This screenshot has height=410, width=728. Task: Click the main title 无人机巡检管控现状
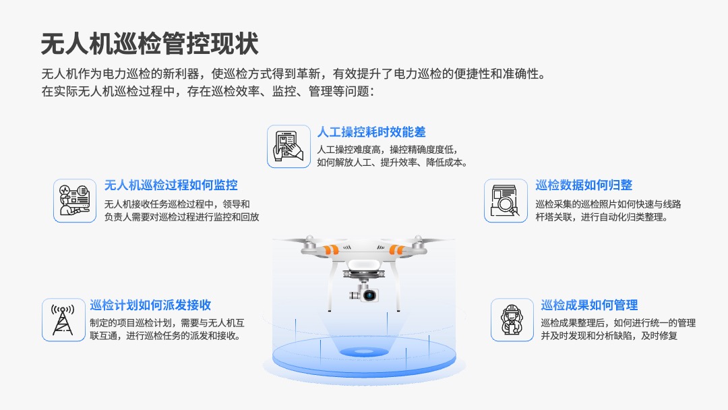pyautogui.click(x=150, y=44)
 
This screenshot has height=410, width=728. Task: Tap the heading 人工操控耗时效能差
pyautogui.click(x=371, y=132)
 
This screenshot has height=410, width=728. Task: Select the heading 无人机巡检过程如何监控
pyautogui.click(x=171, y=185)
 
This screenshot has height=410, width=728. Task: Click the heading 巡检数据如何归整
pyautogui.click(x=584, y=185)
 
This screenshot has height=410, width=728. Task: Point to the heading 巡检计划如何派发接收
pyautogui.click(x=150, y=305)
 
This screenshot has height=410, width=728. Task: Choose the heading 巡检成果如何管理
pyautogui.click(x=589, y=305)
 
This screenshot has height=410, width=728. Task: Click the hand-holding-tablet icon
pyautogui.click(x=289, y=146)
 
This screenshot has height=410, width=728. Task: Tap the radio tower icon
pyautogui.click(x=63, y=320)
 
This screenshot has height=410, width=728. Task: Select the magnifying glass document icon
pyautogui.click(x=506, y=200)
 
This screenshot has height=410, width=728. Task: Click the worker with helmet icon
pyautogui.click(x=512, y=320)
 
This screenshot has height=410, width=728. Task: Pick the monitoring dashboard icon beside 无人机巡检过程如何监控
pyautogui.click(x=75, y=200)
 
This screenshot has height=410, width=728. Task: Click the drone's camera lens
pyautogui.click(x=369, y=295)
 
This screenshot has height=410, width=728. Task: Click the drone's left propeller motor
pyautogui.click(x=309, y=244)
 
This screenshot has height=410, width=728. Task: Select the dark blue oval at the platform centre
pyautogui.click(x=364, y=351)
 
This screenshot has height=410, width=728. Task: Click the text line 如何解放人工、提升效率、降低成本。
pyautogui.click(x=392, y=163)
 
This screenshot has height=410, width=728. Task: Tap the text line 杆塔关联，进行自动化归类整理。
pyautogui.click(x=602, y=217)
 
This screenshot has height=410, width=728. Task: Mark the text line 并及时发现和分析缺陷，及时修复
pyautogui.click(x=609, y=336)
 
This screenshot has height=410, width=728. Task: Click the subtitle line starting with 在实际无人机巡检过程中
pyautogui.click(x=208, y=92)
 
